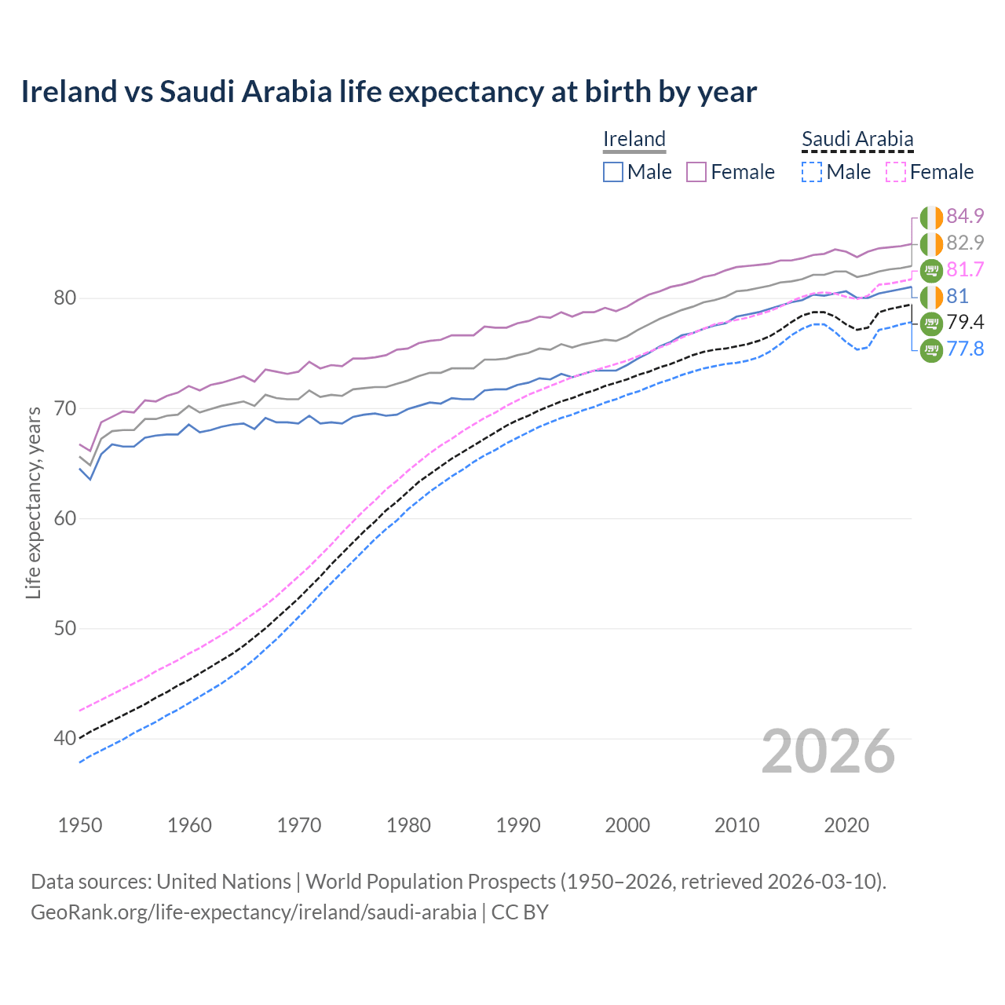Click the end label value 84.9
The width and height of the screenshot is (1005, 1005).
965,217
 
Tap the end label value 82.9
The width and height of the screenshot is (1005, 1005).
965,243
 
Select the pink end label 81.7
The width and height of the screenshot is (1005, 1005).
965,270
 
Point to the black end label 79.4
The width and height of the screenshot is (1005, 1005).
965,323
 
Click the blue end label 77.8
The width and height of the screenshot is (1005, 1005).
965,349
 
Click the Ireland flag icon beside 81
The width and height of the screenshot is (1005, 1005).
931,297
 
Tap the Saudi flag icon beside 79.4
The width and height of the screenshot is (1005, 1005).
931,323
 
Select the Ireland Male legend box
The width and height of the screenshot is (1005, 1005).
613,172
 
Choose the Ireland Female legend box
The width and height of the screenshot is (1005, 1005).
696,172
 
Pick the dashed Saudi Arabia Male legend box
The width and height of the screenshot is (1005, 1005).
812,172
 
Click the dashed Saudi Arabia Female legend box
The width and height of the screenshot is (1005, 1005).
896,172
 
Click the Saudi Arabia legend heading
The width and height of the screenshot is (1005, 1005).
857,140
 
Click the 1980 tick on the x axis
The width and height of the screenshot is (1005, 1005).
408,825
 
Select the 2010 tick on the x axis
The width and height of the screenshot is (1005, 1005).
736,825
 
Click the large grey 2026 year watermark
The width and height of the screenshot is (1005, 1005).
828,752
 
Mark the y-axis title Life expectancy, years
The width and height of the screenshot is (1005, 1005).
33,502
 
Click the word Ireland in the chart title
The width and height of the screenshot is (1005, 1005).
68,92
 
